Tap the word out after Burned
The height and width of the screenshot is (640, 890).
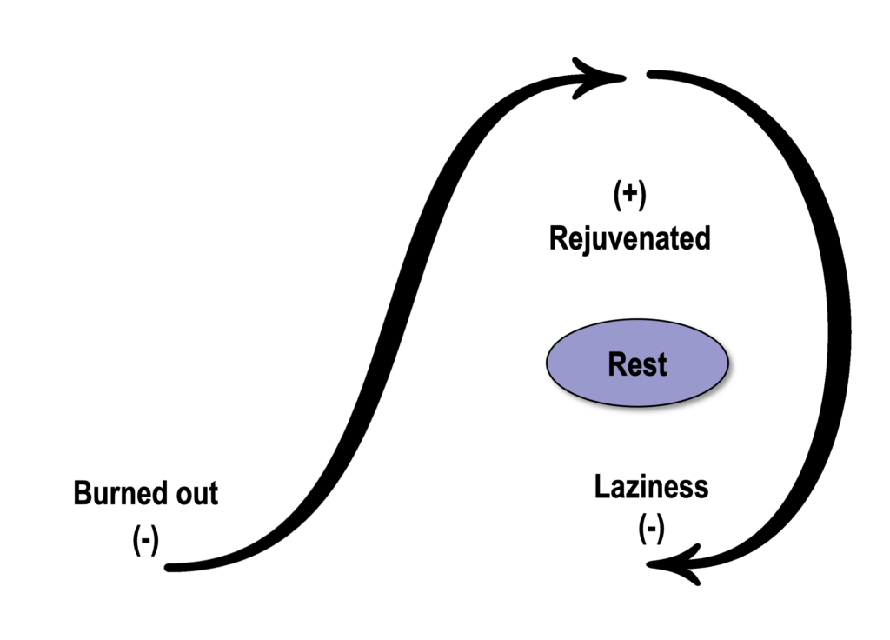click(x=197, y=494)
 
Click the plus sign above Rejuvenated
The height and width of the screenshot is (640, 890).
click(x=630, y=194)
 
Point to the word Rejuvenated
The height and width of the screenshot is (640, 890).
click(x=629, y=238)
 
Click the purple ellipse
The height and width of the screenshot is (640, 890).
click(x=637, y=363)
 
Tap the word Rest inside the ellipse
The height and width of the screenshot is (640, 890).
click(x=637, y=364)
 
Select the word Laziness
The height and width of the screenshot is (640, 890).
click(x=651, y=487)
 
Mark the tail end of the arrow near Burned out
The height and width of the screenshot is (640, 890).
click(x=168, y=567)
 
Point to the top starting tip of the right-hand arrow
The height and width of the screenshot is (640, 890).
click(x=650, y=75)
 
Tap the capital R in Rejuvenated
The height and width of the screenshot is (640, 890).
click(x=559, y=238)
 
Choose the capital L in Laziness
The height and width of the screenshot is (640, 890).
click(x=601, y=487)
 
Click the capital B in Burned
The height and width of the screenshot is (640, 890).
click(x=83, y=494)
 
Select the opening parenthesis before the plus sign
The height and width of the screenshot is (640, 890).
click(x=617, y=196)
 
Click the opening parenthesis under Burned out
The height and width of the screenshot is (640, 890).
click(x=136, y=539)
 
